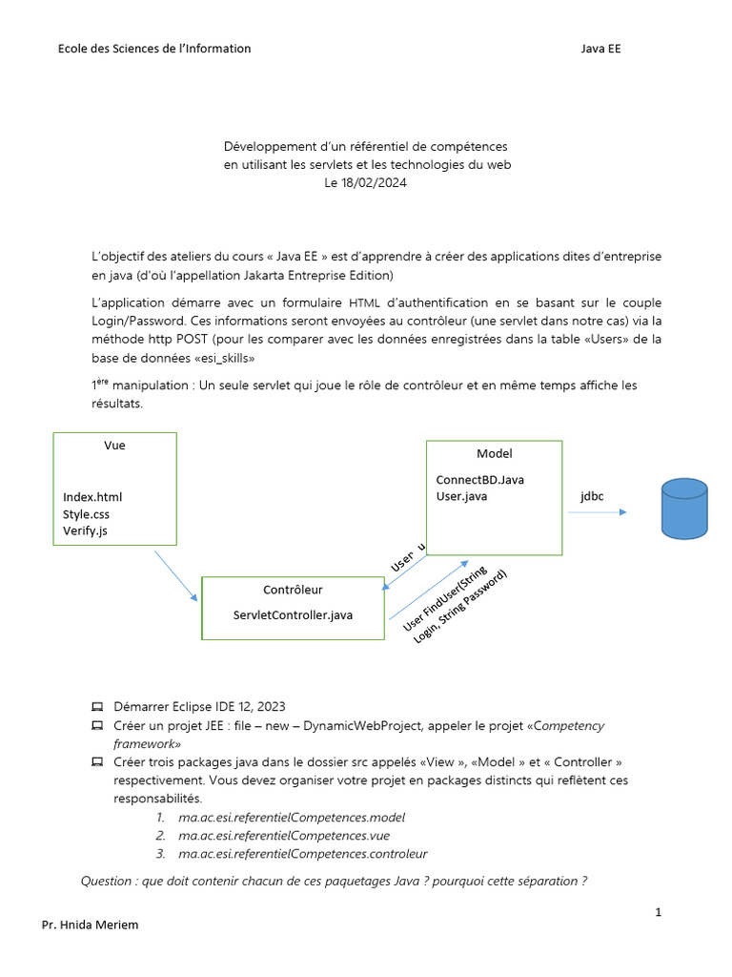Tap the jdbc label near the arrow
pos(592,497)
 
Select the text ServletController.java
pos(293,615)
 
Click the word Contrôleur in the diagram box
pos(293,590)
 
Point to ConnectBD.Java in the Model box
pos(479,479)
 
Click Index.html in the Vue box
pos(92,497)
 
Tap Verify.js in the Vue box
pos(86,530)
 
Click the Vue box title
pos(114,446)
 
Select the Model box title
pos(494,453)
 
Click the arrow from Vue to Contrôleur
pos(175,574)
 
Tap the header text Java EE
pos(600,49)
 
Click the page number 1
pos(658,912)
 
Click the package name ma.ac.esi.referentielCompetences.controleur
pos(302,854)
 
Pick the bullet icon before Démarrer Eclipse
pos(97,707)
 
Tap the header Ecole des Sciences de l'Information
pos(154,49)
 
